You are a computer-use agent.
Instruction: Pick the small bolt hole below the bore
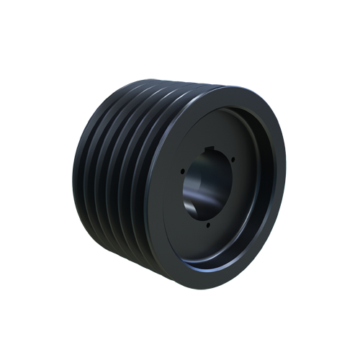(209, 225)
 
